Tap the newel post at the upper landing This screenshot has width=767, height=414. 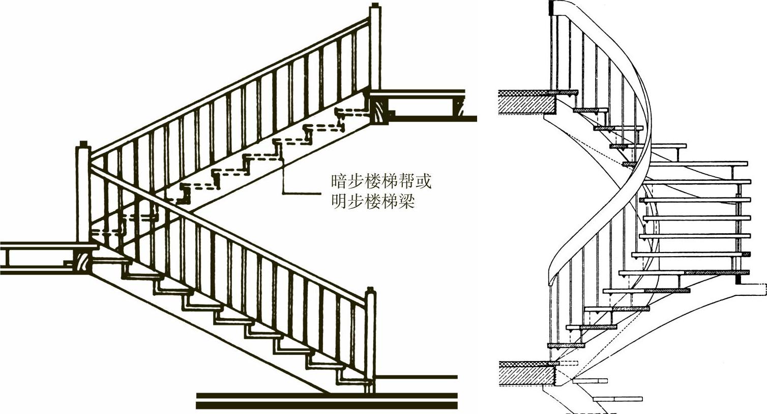pos(375,48)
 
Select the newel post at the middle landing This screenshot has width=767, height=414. pos(83,194)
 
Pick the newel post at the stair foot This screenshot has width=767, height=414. pos(370,336)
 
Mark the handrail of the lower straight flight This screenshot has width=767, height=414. pos(229,234)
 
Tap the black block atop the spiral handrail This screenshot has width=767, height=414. pos(551,8)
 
